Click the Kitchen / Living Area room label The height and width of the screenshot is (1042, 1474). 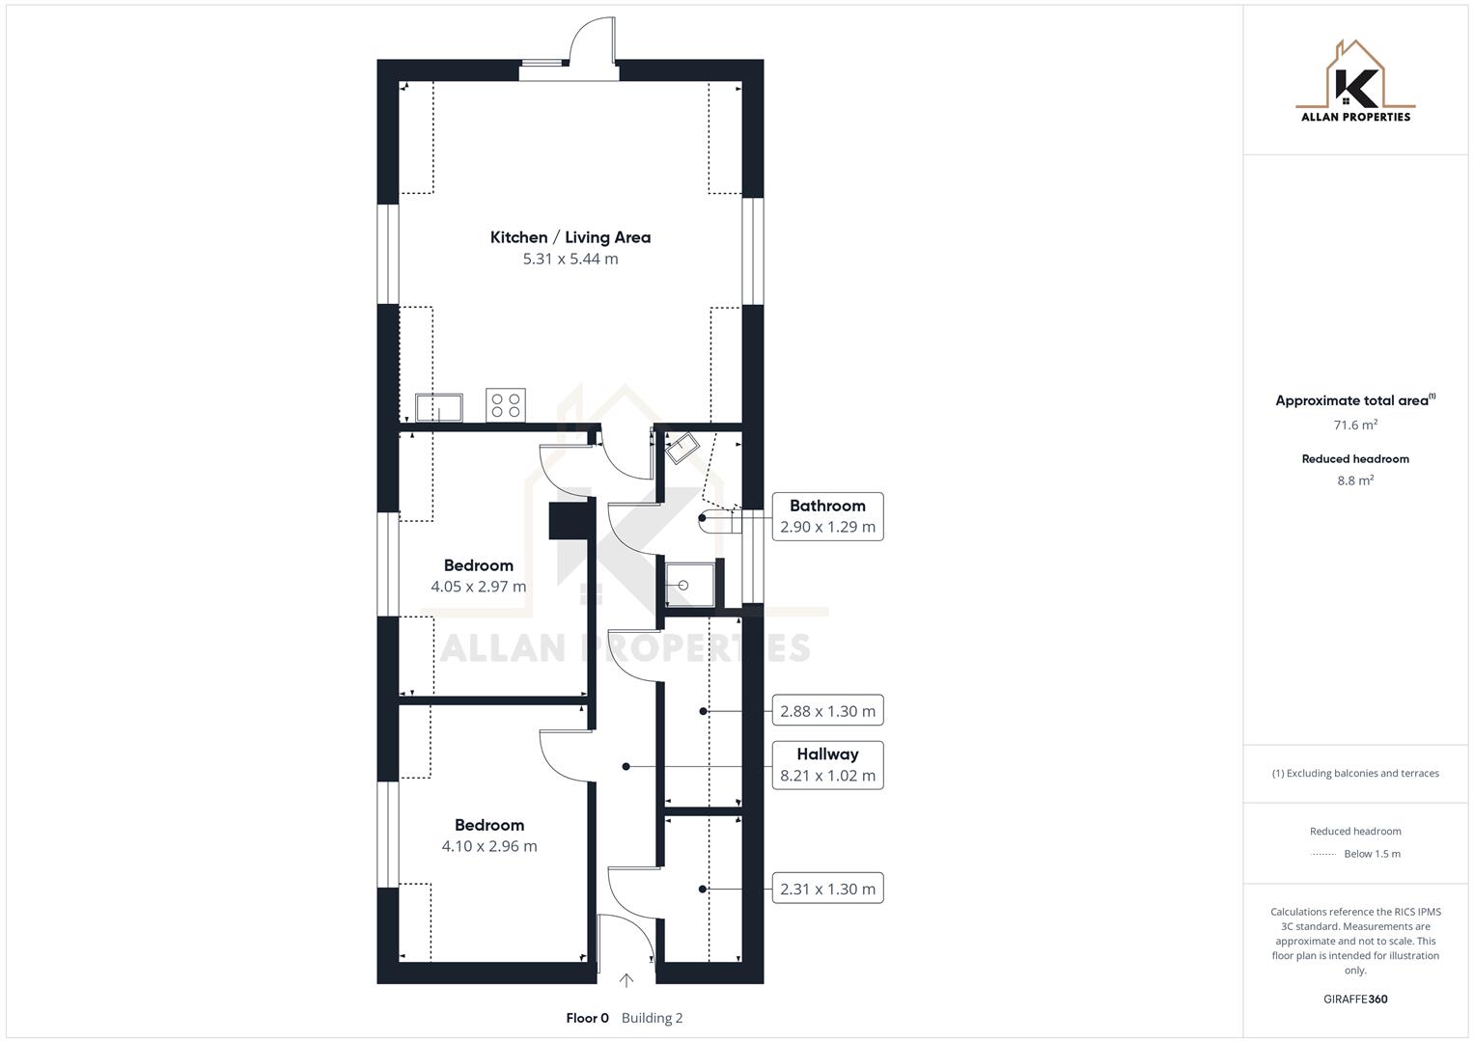[570, 237]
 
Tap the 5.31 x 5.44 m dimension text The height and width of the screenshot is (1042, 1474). [570, 259]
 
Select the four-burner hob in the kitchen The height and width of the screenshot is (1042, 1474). [506, 405]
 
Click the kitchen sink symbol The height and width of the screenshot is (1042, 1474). [438, 407]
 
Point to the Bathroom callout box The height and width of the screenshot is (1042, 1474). [827, 516]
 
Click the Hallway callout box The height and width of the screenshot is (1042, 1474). [827, 765]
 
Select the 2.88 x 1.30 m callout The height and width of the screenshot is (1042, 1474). [827, 711]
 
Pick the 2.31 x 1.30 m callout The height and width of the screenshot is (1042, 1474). [827, 889]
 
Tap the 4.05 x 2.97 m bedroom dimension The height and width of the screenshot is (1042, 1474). [478, 587]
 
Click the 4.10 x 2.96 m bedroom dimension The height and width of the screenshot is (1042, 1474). [489, 846]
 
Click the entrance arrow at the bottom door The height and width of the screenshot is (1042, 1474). [626, 980]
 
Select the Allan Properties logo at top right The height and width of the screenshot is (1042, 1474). [1355, 83]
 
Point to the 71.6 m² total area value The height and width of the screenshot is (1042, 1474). [1355, 425]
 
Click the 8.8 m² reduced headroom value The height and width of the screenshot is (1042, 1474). [1355, 480]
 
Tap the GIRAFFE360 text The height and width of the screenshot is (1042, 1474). [1355, 1000]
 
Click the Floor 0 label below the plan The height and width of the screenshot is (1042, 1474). [587, 1018]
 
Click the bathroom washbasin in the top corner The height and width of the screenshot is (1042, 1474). [683, 448]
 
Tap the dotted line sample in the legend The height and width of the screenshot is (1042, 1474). [1323, 854]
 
